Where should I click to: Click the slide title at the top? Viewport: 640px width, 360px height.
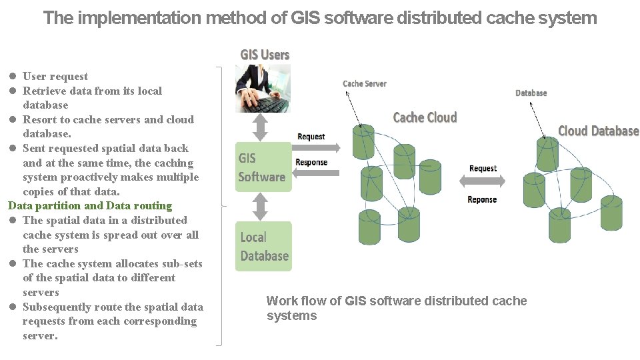[x=320, y=18]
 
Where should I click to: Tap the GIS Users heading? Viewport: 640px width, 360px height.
[x=265, y=55]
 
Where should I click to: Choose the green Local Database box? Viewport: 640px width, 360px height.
[x=263, y=246]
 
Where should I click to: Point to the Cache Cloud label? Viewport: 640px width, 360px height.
[x=425, y=118]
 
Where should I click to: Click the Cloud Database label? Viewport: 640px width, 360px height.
[x=598, y=131]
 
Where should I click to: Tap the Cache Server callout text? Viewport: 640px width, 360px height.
[x=364, y=83]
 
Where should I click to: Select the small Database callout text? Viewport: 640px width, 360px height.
[x=531, y=93]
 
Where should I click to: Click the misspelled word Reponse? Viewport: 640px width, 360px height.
[x=482, y=199]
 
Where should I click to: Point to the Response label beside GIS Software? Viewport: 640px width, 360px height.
[x=311, y=162]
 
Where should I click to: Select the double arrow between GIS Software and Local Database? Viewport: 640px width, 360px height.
[x=261, y=206]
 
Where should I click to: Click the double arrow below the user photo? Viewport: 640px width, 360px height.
[x=261, y=126]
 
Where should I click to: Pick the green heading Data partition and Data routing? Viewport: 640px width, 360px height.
[x=90, y=206]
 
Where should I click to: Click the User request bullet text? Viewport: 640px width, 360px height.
[x=55, y=76]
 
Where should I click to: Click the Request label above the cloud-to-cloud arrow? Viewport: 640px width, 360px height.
[x=483, y=168]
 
